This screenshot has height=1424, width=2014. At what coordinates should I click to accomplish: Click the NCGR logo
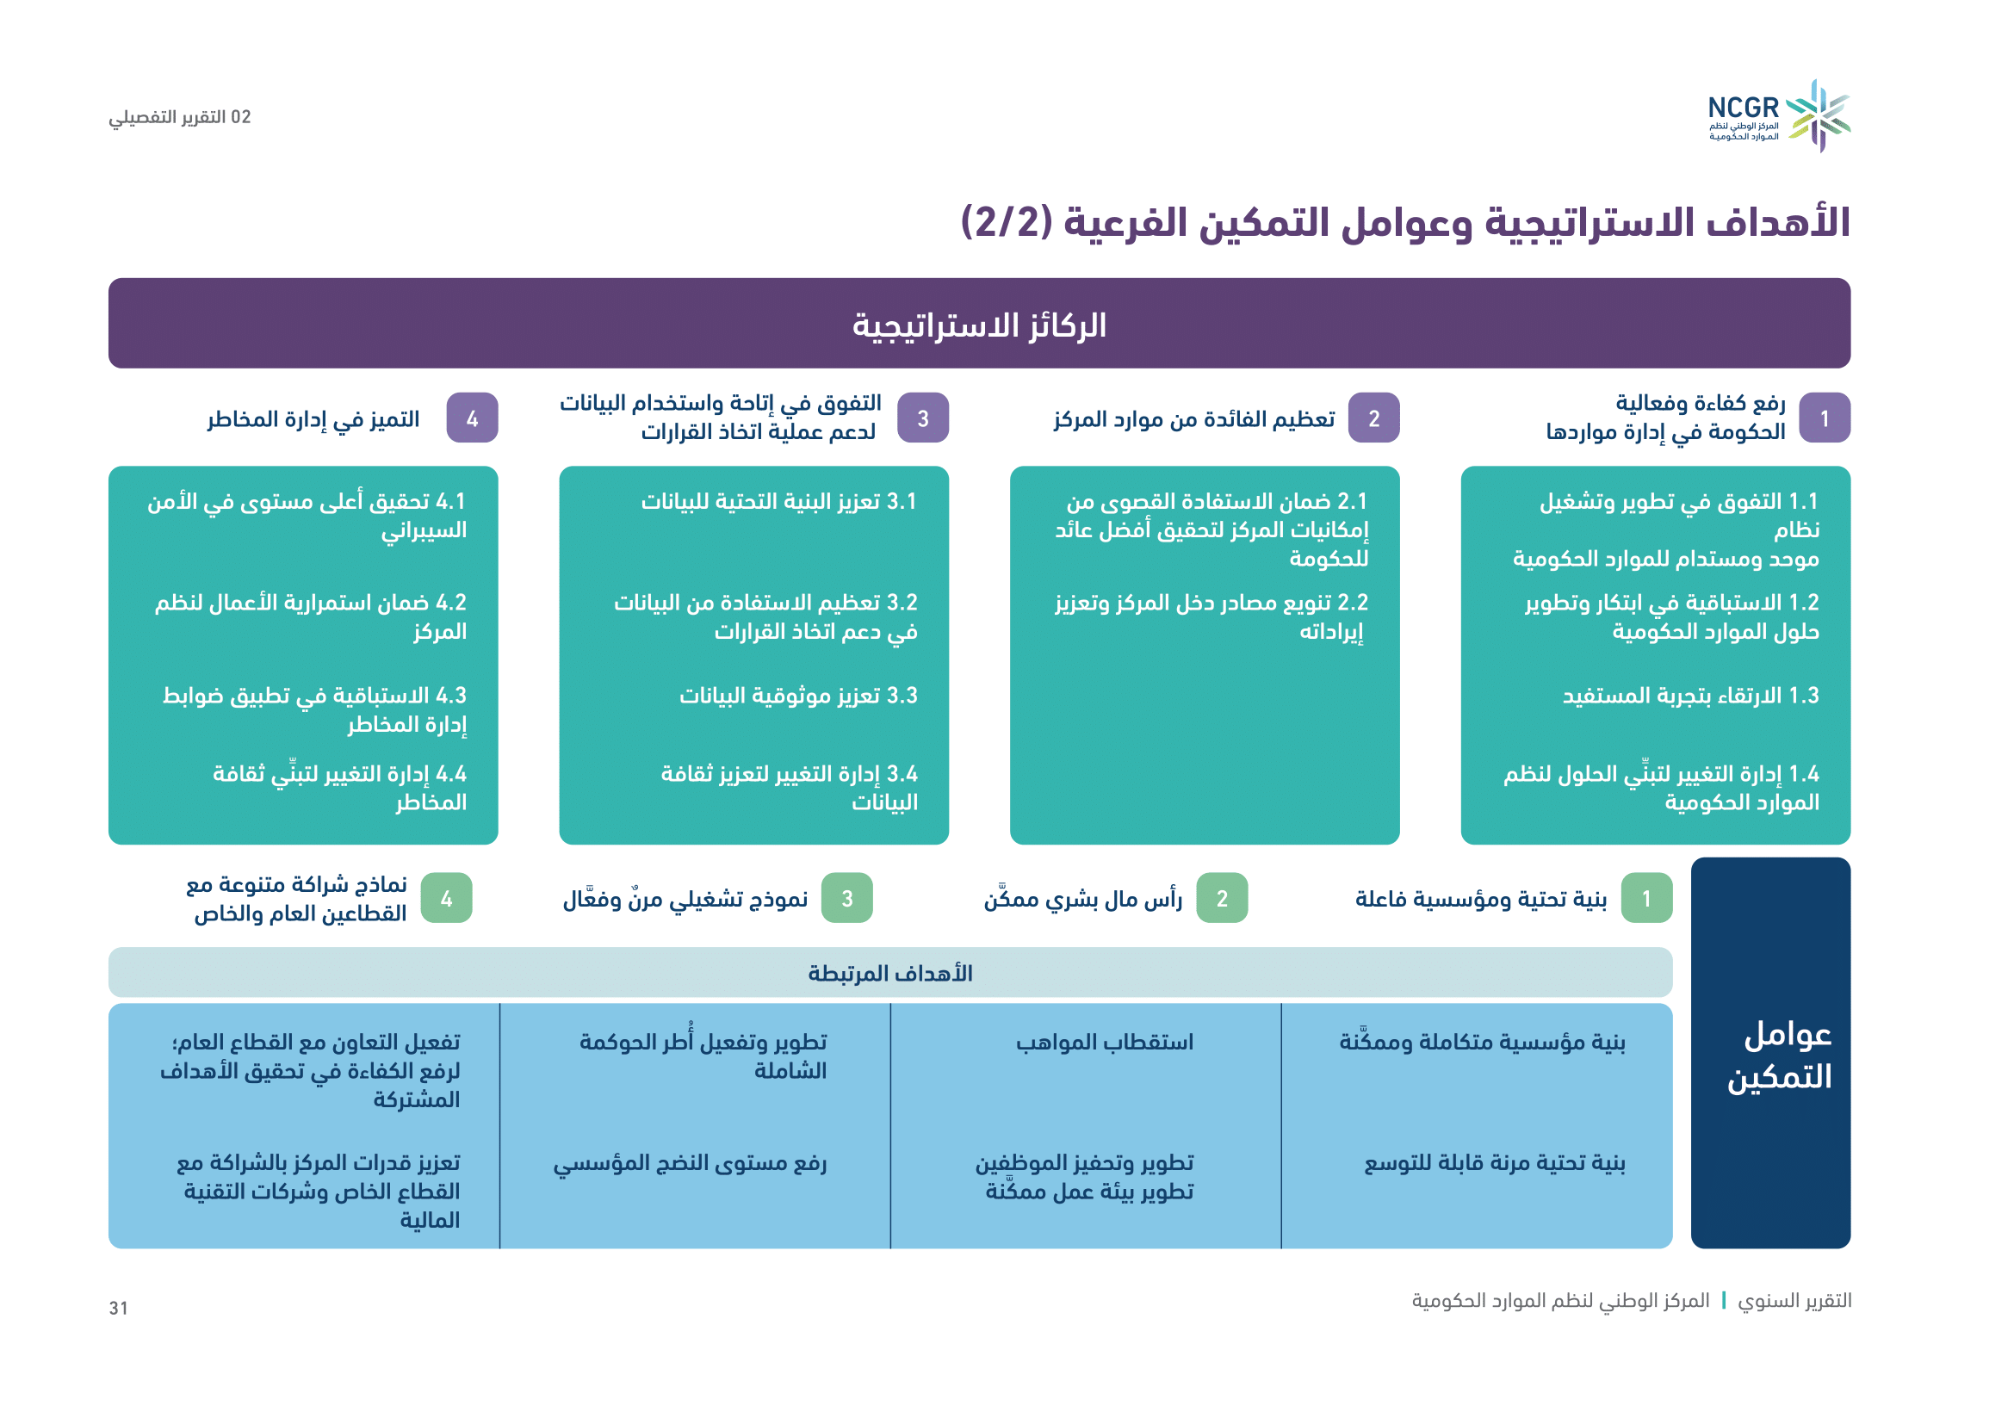coord(1779,116)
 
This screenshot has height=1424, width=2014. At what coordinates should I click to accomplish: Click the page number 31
coord(119,1309)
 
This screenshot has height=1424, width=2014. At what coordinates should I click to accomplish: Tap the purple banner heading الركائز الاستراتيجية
coord(979,325)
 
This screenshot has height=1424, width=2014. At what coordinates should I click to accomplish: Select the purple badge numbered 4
coord(472,418)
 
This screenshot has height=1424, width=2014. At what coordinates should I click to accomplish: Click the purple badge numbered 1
coord(1825,418)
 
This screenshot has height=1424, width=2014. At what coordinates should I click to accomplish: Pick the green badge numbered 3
coord(846,898)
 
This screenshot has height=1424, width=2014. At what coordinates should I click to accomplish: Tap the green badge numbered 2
coord(1222,898)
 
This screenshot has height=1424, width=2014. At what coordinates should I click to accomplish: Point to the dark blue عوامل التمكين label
coord(1780,1055)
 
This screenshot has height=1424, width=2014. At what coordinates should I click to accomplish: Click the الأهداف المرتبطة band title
coord(890,974)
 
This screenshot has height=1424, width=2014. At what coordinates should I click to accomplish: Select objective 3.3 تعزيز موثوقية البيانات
coord(798,696)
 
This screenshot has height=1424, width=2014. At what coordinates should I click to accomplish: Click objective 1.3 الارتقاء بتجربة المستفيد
coord(1690,696)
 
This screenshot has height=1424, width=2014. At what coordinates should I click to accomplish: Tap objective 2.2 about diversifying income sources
coord(1211,616)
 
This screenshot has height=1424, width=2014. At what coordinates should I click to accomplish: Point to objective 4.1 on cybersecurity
coord(307,516)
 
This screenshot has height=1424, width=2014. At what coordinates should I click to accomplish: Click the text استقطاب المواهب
coord(1105,1042)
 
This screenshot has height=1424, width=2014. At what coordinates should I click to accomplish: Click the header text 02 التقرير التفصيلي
coord(180,117)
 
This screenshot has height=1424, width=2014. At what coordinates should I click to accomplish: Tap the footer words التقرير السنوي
coord(1794,1300)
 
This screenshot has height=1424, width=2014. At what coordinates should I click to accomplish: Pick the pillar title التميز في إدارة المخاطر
coord(313,419)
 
